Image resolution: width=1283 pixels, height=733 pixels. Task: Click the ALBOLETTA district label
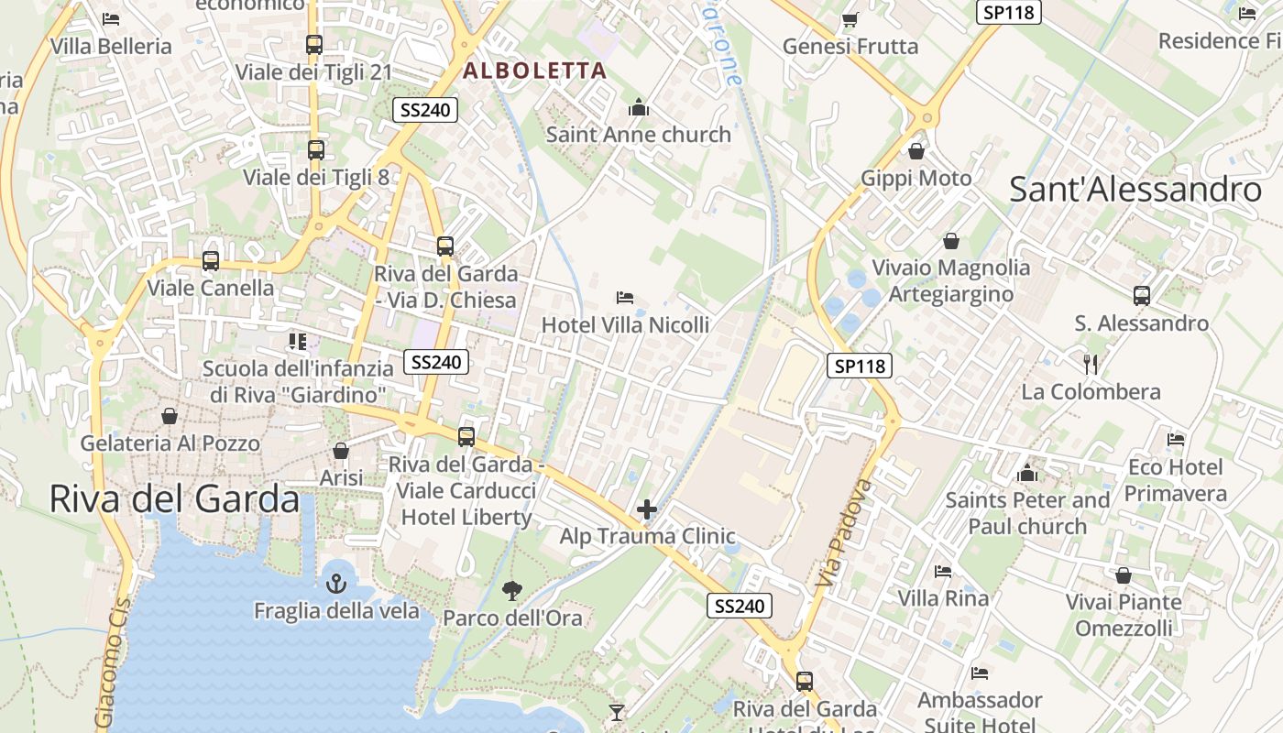[x=535, y=71]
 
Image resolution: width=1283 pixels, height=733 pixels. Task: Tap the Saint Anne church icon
[x=639, y=108]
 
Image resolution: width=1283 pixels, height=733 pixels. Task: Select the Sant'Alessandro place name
[x=1135, y=190]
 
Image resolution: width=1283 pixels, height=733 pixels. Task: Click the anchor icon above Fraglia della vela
[x=336, y=583]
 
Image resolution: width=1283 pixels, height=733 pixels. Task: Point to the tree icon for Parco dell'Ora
[x=512, y=590]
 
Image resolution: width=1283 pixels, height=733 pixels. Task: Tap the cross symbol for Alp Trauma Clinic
[x=647, y=509]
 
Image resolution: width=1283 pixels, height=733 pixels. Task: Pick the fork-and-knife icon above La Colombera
[x=1091, y=364]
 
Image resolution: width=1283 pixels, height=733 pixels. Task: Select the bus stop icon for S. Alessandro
[x=1142, y=296]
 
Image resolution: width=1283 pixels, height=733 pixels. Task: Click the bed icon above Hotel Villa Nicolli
[x=625, y=297]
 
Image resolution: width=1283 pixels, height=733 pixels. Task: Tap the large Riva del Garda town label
[x=174, y=499]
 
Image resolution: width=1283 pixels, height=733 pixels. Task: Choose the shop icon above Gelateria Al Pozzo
[x=170, y=416]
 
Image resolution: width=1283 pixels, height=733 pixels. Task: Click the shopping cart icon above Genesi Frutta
[x=850, y=19]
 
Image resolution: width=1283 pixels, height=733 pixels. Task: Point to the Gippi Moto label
[x=916, y=178]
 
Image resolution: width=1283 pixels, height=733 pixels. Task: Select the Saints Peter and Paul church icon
[x=1027, y=473]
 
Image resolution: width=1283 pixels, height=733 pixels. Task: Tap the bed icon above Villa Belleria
[x=111, y=18]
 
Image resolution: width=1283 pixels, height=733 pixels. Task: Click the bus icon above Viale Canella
[x=211, y=260]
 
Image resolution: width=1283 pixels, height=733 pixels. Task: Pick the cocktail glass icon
[x=617, y=712]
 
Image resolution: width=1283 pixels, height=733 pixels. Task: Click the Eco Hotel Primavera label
[x=1176, y=480]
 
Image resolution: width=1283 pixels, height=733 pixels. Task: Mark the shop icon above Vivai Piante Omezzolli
[x=1124, y=575]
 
